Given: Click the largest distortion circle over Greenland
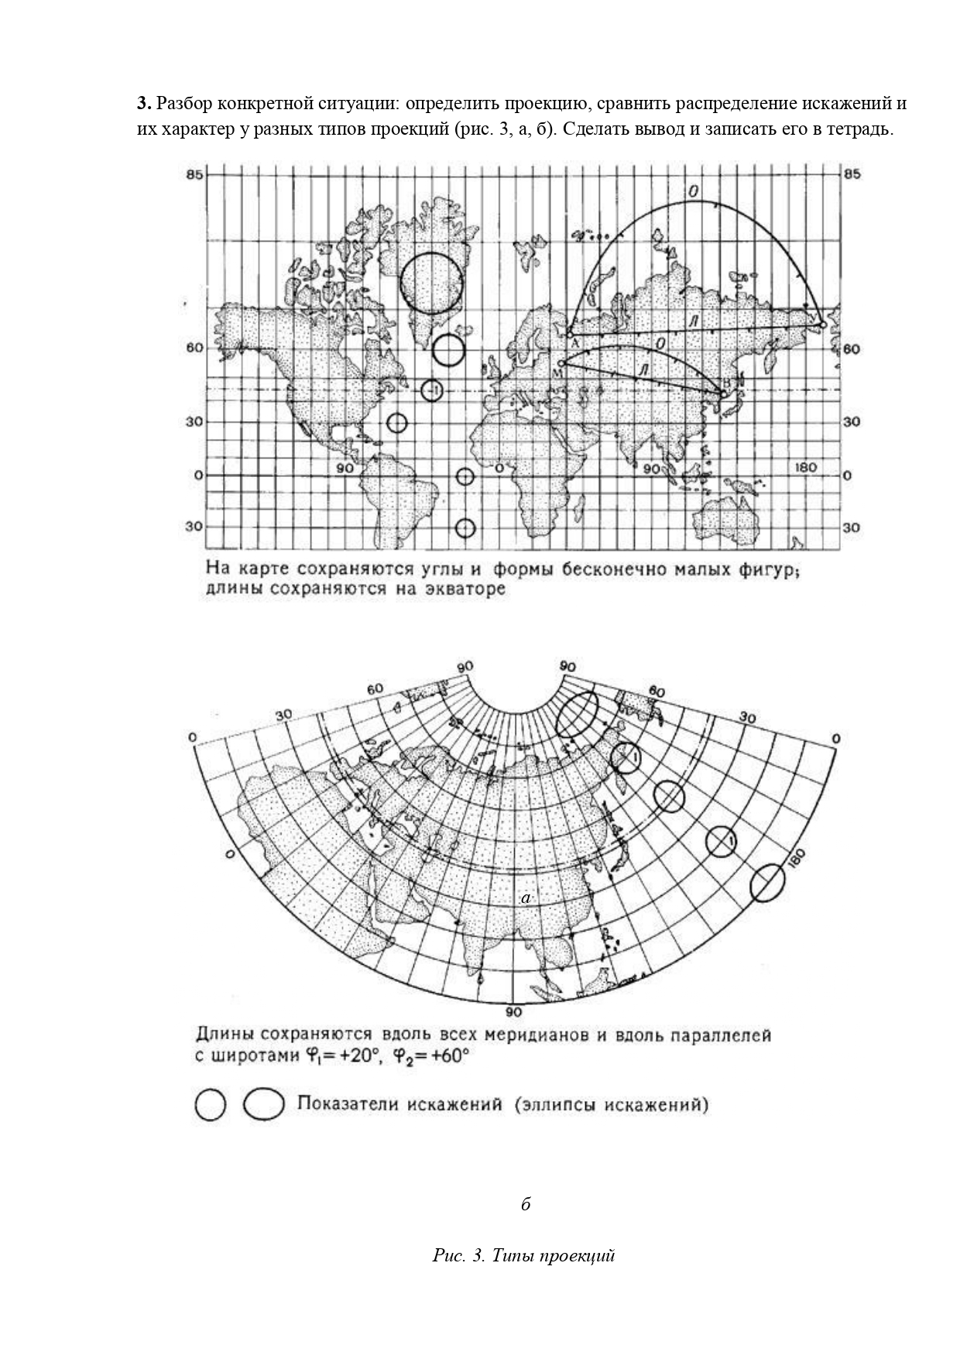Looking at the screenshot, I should click(x=432, y=282).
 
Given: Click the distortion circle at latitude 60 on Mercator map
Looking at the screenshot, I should click(x=448, y=349).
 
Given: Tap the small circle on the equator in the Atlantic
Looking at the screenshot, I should click(x=465, y=476).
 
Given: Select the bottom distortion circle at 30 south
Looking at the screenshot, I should click(x=465, y=528).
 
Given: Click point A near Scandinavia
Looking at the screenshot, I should click(x=571, y=335).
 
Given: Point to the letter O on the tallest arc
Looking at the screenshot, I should click(x=694, y=191).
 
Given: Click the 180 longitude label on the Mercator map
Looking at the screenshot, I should click(x=806, y=467).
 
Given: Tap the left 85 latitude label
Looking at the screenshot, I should click(x=194, y=174).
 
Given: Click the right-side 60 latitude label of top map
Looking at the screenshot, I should click(x=851, y=349).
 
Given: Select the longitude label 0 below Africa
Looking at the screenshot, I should click(x=499, y=468).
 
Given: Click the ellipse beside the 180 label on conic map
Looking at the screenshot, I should click(x=768, y=882).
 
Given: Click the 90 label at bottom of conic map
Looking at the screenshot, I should click(x=513, y=1012).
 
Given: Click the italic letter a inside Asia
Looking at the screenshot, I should click(x=526, y=898).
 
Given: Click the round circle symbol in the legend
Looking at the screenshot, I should click(x=210, y=1105).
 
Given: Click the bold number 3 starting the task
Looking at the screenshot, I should click(x=142, y=104).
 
